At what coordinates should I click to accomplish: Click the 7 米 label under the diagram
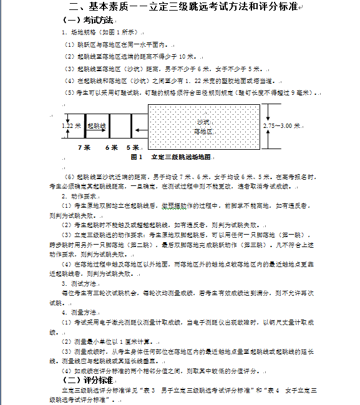(84, 147)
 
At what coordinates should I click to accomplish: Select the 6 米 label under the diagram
(111, 147)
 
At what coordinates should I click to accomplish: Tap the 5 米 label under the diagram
(132, 147)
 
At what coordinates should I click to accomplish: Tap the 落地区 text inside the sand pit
(203, 132)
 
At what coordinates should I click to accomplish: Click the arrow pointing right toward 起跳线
(81, 126)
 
